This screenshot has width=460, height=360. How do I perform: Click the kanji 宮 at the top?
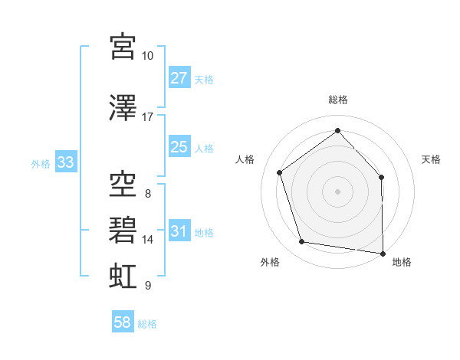point(123,47)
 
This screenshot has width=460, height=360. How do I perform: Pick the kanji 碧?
point(123,230)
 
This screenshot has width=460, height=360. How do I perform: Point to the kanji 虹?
point(123,275)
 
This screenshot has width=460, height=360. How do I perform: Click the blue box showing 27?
point(179,78)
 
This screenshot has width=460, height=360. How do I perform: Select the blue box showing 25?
point(179,147)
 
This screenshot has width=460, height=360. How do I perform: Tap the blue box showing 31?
point(179,231)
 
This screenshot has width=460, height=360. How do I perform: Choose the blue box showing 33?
point(65,162)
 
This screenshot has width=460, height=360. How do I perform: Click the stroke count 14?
point(148,240)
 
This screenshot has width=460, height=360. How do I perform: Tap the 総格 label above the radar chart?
point(337,100)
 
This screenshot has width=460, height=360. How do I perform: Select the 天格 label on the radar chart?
point(431,159)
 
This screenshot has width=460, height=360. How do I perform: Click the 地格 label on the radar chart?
point(402,262)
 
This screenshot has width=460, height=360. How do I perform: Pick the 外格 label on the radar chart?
point(270,262)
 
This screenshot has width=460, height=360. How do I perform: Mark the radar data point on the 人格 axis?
point(280,172)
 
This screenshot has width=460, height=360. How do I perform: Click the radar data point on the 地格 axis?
point(383,253)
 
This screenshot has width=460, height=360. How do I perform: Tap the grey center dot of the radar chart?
point(337,191)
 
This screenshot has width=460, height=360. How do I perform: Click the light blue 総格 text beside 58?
point(147,324)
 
